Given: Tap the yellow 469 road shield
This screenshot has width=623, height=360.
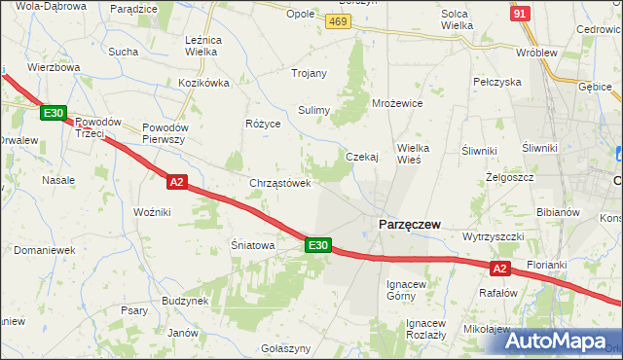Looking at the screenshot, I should [x=339, y=21].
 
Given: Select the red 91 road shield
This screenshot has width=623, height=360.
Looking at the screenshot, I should [x=520, y=13].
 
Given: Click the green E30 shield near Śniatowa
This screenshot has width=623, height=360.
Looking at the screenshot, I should [x=318, y=245].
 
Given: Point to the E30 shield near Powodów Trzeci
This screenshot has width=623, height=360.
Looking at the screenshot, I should [x=54, y=113].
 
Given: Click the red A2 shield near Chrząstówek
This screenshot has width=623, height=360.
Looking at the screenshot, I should [x=176, y=181].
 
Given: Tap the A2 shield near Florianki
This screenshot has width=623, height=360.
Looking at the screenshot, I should [x=499, y=268].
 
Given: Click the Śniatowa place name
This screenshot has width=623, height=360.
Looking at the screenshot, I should [x=252, y=245].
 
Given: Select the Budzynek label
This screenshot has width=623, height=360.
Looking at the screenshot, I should [x=186, y=302].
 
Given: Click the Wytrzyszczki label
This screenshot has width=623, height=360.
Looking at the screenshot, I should [x=494, y=236].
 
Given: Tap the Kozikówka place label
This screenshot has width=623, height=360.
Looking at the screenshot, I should [x=203, y=83].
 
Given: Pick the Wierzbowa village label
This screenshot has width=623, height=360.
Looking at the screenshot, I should [x=54, y=68].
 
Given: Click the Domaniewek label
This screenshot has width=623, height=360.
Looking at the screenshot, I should [x=45, y=250].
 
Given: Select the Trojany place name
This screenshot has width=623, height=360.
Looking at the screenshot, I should [x=310, y=73].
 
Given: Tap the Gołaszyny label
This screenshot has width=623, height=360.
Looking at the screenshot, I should [x=286, y=348].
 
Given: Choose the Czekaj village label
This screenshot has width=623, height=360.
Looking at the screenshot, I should [x=362, y=157].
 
